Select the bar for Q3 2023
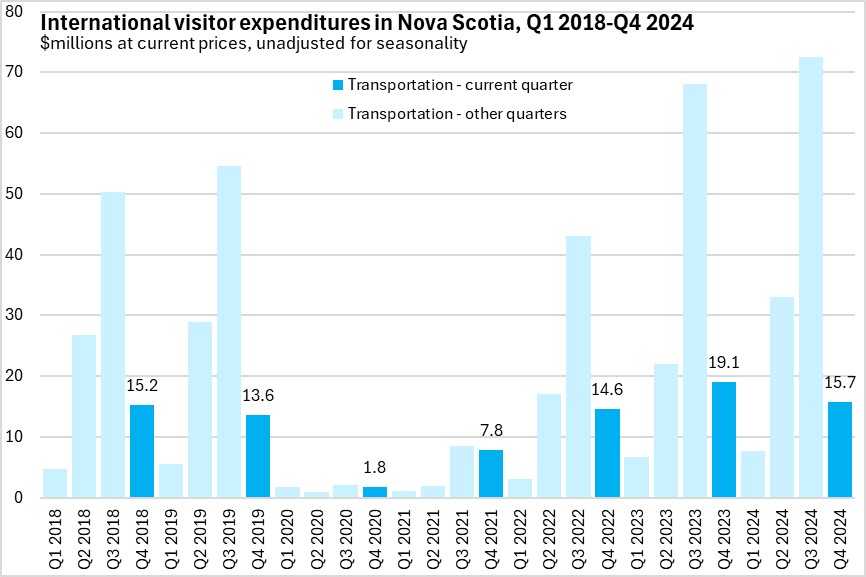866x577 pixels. point(694,291)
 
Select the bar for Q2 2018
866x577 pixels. point(84,416)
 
